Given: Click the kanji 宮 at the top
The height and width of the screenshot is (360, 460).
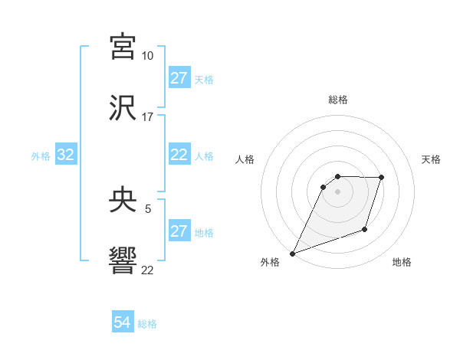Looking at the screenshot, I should click(x=123, y=47).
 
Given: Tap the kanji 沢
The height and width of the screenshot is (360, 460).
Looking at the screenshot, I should click(x=123, y=109).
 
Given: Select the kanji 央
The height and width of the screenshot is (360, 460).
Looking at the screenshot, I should click(x=123, y=201).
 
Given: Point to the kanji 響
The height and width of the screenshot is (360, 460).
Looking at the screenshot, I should click(x=123, y=261).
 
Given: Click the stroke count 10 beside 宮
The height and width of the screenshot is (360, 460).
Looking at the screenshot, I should click(x=147, y=56).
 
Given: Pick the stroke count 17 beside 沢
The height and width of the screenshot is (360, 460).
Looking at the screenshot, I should click(x=147, y=117).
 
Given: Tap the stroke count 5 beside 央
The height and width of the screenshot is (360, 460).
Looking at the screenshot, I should click(x=147, y=209).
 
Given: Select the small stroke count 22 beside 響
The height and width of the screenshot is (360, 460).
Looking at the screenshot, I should click(x=147, y=270).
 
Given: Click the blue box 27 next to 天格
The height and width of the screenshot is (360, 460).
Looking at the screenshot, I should click(x=179, y=78).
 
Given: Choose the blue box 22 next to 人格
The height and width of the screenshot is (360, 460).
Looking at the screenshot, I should click(x=179, y=155).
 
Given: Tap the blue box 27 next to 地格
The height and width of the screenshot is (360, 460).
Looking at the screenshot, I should click(x=179, y=231).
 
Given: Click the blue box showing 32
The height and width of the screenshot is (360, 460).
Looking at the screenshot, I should click(x=66, y=155).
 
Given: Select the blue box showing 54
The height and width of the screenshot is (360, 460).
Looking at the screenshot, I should click(x=123, y=323).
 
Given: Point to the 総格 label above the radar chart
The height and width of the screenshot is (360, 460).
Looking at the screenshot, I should click(x=338, y=100).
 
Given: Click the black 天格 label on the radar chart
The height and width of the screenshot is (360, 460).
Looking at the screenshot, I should click(x=432, y=159).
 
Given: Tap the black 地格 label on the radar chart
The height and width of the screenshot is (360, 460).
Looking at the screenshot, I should click(x=402, y=263).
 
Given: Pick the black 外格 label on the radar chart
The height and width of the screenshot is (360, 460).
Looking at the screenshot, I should click(x=270, y=263).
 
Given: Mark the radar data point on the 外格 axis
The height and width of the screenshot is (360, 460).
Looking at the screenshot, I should click(x=293, y=254).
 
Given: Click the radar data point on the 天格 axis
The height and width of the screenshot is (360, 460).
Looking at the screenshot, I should click(x=381, y=178).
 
